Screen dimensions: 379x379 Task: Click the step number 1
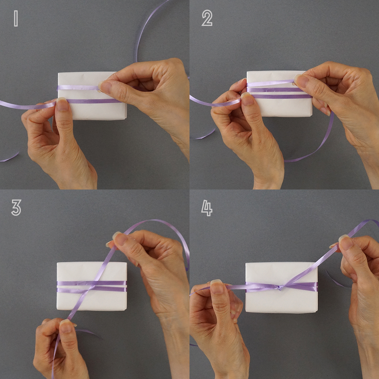pyautogui.click(x=16, y=19)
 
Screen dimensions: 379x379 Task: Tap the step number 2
pyautogui.click(x=207, y=18)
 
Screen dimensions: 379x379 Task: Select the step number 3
pyautogui.click(x=16, y=208)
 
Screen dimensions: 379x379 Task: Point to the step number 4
pyautogui.click(x=207, y=208)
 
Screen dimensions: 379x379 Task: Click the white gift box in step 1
pyautogui.click(x=92, y=96)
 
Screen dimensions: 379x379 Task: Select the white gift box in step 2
pyautogui.click(x=279, y=93)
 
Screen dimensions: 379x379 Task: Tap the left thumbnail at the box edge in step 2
pyautogui.click(x=247, y=98)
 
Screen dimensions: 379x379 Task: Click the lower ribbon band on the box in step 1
pyautogui.click(x=93, y=101)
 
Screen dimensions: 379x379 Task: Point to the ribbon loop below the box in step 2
pyautogui.click(x=319, y=141)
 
